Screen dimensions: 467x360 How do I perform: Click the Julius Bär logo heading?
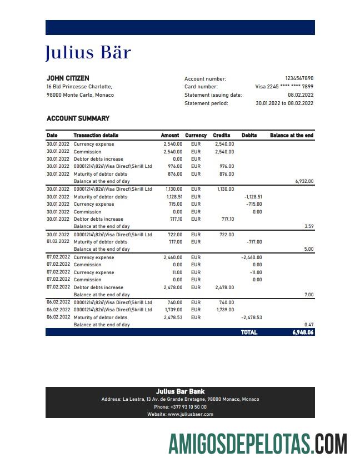click(88, 52)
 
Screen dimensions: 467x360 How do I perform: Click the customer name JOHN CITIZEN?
click(68, 78)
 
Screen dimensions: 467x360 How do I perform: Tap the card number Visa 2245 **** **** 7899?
click(284, 87)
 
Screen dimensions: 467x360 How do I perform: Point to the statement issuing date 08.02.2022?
click(301, 95)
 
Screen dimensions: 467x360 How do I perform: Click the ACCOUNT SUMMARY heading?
click(78, 118)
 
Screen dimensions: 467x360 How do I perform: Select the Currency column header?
click(196, 135)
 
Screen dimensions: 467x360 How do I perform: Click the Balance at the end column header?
click(292, 135)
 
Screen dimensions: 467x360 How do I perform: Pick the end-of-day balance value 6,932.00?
click(304, 181)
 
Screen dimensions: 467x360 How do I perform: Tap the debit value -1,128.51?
click(253, 197)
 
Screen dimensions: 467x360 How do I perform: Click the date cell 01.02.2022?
click(58, 242)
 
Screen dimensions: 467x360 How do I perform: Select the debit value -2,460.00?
click(251, 257)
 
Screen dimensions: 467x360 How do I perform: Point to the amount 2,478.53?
click(173, 317)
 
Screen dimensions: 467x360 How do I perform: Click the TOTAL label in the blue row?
click(249, 332)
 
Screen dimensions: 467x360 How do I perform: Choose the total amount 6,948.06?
click(303, 332)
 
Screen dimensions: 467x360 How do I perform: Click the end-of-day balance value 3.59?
click(309, 227)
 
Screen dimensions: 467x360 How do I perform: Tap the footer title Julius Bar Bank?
click(180, 391)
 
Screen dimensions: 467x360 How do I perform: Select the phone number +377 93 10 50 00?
click(180, 407)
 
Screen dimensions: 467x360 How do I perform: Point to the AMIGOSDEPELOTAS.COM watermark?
click(258, 445)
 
